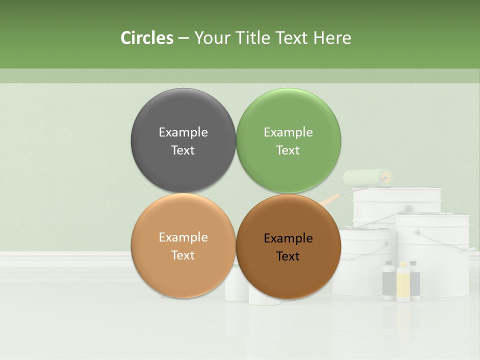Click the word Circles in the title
pos(147,38)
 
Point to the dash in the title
pos(183,38)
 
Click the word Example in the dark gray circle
pos(183,132)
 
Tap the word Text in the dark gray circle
pos(183,150)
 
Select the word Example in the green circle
pos(288,132)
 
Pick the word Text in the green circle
pos(288,150)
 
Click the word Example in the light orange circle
pos(183,237)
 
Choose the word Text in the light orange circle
pos(183,255)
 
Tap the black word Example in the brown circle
pos(288,238)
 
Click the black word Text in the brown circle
pos(288,256)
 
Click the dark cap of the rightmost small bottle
pos(414,263)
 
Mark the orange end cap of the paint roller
pos(386,176)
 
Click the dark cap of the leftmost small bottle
pos(389,263)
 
